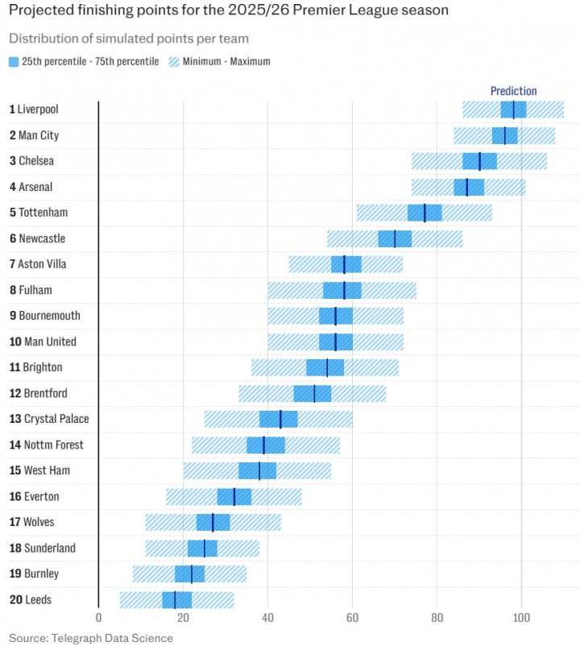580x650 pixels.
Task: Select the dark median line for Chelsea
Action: pyautogui.click(x=479, y=161)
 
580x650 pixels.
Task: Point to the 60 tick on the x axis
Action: pyautogui.click(x=352, y=619)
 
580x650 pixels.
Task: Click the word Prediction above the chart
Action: pyautogui.click(x=513, y=91)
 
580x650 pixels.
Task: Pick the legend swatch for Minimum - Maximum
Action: pyautogui.click(x=175, y=61)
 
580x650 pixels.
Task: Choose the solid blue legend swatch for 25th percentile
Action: pyautogui.click(x=14, y=61)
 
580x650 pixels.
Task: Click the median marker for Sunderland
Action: pyautogui.click(x=204, y=548)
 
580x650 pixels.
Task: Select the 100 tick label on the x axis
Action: pyautogui.click(x=521, y=619)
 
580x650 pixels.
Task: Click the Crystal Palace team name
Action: pyautogui.click(x=56, y=419)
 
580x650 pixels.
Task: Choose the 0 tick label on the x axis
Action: pyautogui.click(x=98, y=619)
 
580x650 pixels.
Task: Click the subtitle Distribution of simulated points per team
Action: pyautogui.click(x=128, y=39)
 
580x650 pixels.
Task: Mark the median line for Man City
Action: pyautogui.click(x=505, y=135)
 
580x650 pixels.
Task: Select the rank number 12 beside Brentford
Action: pyautogui.click(x=14, y=393)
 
